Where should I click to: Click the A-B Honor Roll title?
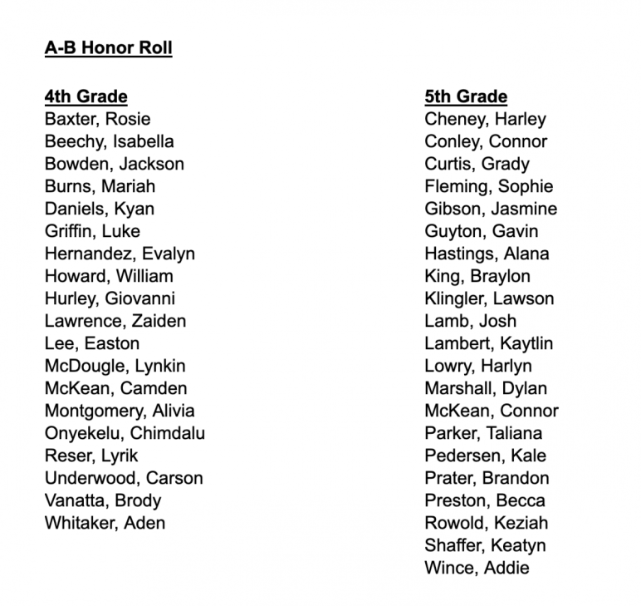point(108,48)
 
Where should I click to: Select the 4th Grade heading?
point(86,96)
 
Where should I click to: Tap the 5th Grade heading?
point(466,96)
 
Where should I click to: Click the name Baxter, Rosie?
point(97,119)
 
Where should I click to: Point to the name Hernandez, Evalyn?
point(120,254)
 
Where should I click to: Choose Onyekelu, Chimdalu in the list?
point(125,433)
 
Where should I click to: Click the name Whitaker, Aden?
point(105,523)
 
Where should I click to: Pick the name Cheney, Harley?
point(485,119)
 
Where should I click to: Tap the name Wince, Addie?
point(477,568)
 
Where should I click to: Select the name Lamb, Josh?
point(470,321)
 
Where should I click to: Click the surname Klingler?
point(455,298)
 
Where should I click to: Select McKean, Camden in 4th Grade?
point(115,388)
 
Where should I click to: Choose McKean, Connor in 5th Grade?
point(492,411)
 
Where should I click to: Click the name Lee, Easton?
point(92,343)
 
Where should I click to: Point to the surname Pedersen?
point(458,456)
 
